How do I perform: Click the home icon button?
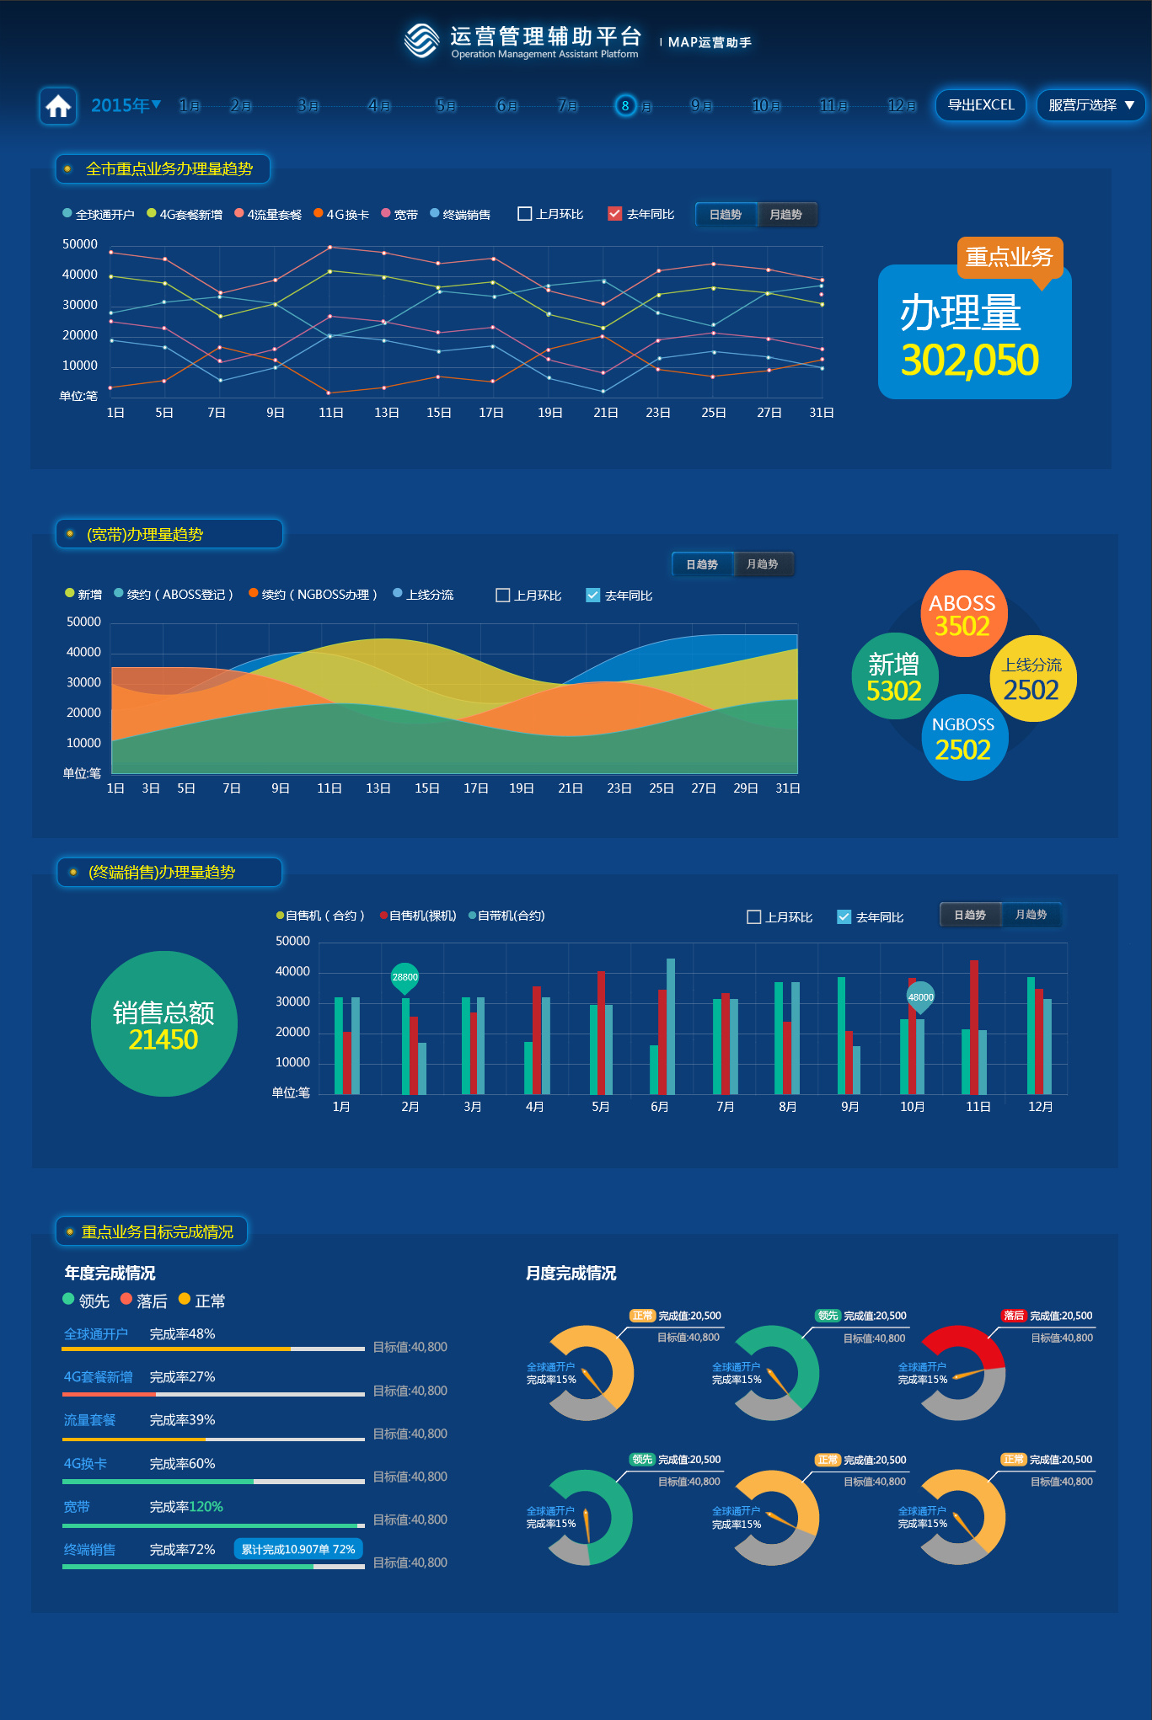pos(58,106)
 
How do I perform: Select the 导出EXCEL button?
pos(980,105)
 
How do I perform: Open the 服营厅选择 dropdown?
pos(1090,105)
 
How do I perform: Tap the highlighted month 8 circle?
pos(625,105)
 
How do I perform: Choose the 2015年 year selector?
pos(126,105)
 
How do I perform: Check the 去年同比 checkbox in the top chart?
pos(615,214)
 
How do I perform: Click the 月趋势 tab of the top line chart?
pos(786,215)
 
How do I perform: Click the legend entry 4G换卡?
pos(341,215)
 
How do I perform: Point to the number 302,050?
pos(970,360)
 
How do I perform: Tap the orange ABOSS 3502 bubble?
pos(962,613)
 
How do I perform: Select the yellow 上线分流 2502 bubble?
pos(1031,679)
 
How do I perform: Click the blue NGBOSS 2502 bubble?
pos(963,738)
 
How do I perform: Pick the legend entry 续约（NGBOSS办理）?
pos(313,595)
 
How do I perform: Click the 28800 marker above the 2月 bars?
pos(405,977)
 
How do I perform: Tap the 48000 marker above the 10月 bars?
pos(920,996)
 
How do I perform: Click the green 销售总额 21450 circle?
pos(163,1023)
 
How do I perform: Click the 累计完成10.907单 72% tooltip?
pos(297,1549)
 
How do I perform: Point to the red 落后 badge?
pos(1013,1316)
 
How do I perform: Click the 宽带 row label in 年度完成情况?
pos(77,1507)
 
